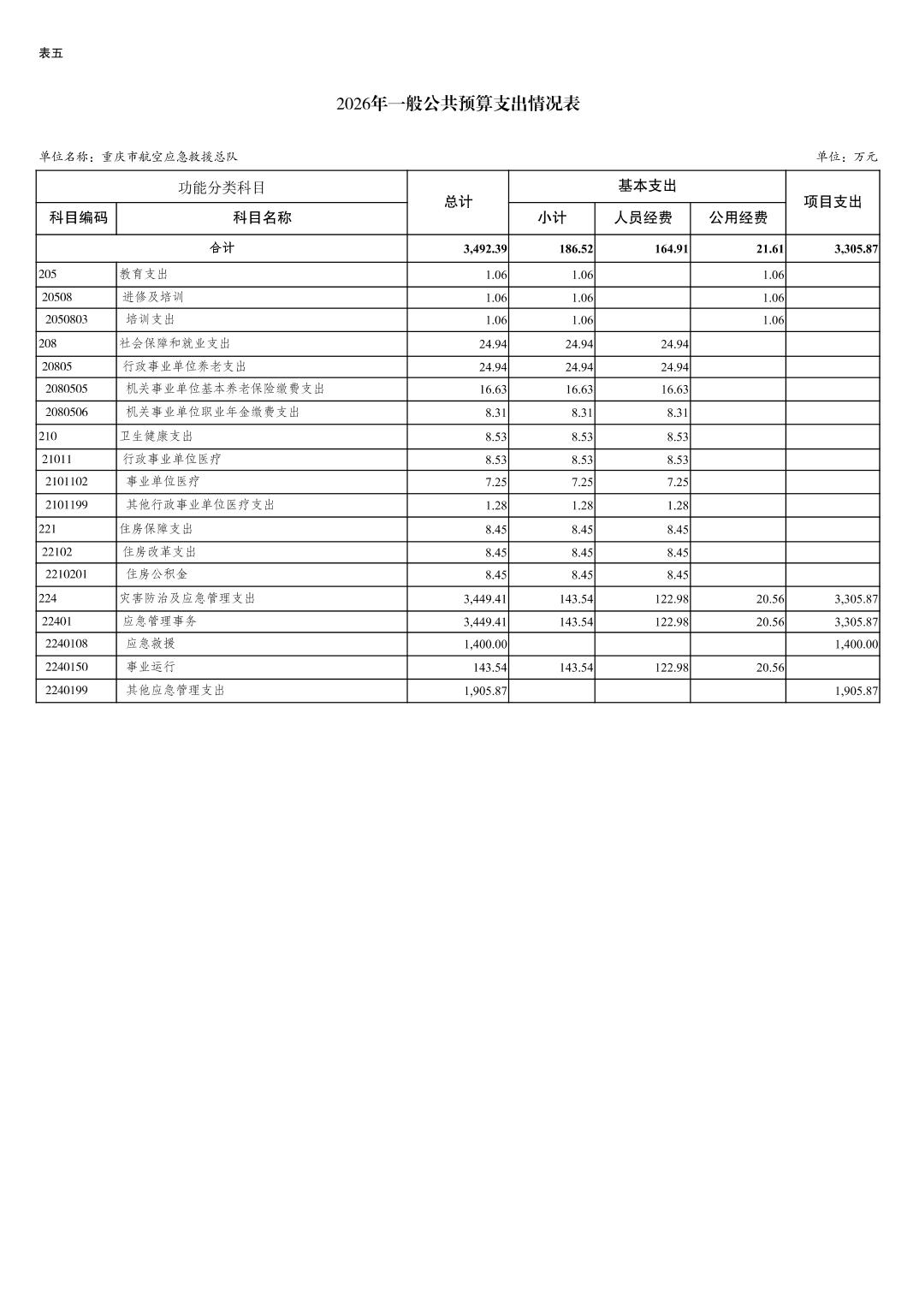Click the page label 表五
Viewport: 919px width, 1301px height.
(x=50, y=53)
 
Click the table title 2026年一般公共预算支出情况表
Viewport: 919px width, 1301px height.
(x=458, y=104)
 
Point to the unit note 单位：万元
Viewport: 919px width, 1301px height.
(x=846, y=157)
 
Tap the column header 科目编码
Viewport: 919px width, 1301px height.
(x=78, y=217)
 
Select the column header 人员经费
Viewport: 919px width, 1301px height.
(x=643, y=217)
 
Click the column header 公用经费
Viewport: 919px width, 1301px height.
(x=738, y=217)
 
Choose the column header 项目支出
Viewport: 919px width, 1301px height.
(x=833, y=202)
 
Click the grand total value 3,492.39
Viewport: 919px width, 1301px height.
(x=485, y=249)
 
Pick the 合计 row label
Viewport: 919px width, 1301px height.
(x=222, y=248)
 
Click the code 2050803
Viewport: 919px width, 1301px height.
(x=67, y=319)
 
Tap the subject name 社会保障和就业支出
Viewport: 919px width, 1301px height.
(x=175, y=343)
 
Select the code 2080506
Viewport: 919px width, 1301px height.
(x=67, y=412)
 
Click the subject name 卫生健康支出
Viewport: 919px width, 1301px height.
(x=157, y=436)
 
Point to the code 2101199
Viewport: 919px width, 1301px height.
(x=67, y=505)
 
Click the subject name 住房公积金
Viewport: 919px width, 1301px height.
(x=157, y=574)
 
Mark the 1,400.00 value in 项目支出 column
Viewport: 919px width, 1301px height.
(x=856, y=645)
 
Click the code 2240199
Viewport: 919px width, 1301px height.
(x=67, y=690)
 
